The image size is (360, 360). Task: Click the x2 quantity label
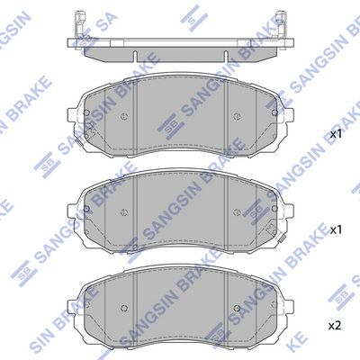tap(335, 326)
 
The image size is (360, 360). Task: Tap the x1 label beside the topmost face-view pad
tap(336, 135)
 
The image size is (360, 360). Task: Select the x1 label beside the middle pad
tap(336, 230)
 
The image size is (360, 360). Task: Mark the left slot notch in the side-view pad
tap(135, 57)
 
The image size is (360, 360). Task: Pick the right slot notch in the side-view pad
tap(226, 57)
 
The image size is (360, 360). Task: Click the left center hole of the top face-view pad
tap(124, 117)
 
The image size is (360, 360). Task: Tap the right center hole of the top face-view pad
tap(237, 117)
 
